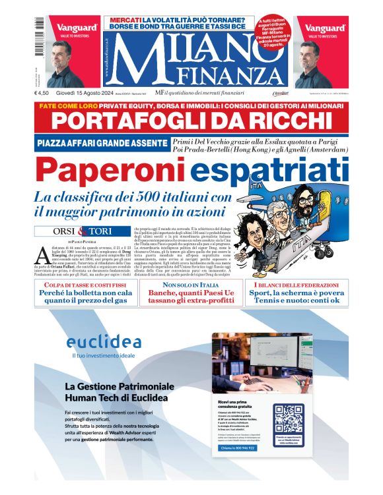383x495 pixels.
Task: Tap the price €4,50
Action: pyautogui.click(x=44, y=93)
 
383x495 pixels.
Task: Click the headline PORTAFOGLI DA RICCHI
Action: pyautogui.click(x=191, y=121)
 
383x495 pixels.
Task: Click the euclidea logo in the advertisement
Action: pyautogui.click(x=104, y=342)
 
